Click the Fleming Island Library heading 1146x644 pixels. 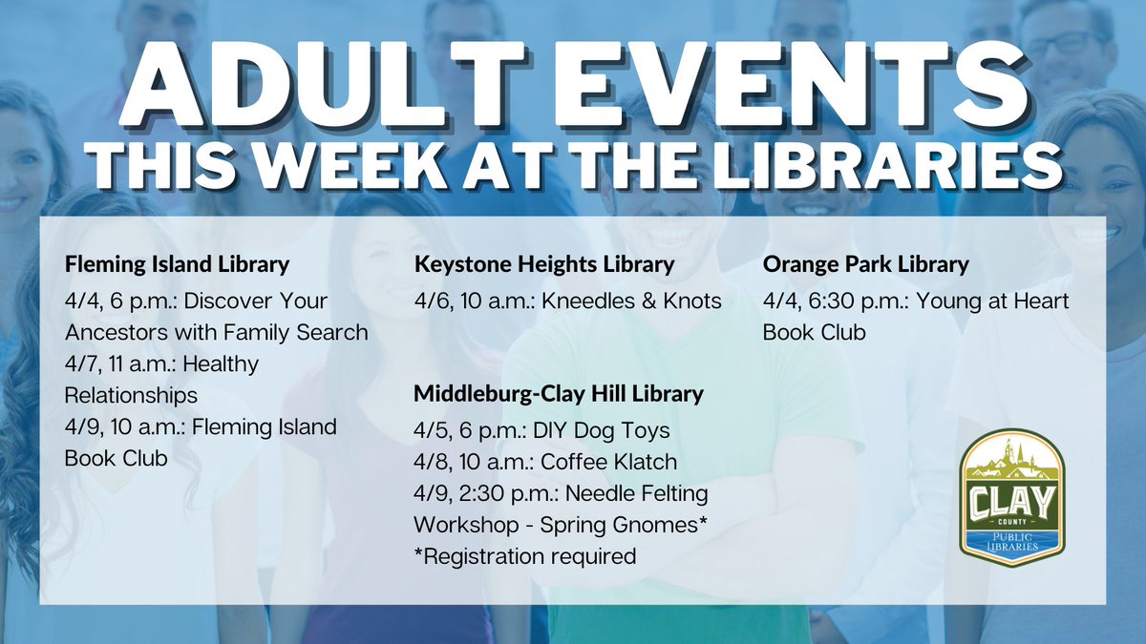(x=177, y=263)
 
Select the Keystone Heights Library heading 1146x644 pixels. (x=544, y=263)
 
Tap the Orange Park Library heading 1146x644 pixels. (x=865, y=263)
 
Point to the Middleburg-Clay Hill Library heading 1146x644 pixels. (x=558, y=393)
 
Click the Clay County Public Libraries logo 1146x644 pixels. (x=1012, y=496)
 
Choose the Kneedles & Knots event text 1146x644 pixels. (x=631, y=301)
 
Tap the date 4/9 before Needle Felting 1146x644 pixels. (x=430, y=493)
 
